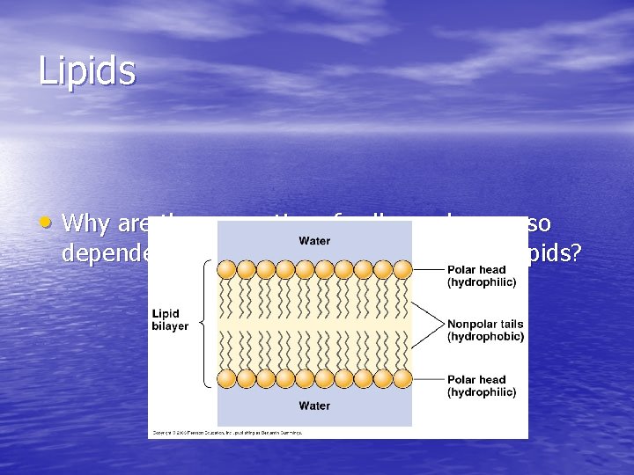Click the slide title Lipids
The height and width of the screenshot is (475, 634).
click(x=86, y=71)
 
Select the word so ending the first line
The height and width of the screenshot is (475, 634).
click(x=538, y=223)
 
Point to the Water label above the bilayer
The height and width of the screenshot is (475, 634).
click(x=314, y=240)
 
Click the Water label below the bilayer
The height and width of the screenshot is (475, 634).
click(x=314, y=406)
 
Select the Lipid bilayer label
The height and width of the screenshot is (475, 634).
click(x=170, y=320)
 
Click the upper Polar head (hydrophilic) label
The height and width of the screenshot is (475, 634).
click(x=481, y=275)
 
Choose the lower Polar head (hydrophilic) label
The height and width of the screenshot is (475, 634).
click(x=481, y=386)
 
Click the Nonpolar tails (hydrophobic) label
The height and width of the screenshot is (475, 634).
click(x=485, y=330)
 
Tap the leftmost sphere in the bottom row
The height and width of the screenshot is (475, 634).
click(x=227, y=378)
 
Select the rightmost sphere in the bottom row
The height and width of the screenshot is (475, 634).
click(x=402, y=378)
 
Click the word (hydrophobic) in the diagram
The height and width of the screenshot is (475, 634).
click(x=485, y=336)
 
